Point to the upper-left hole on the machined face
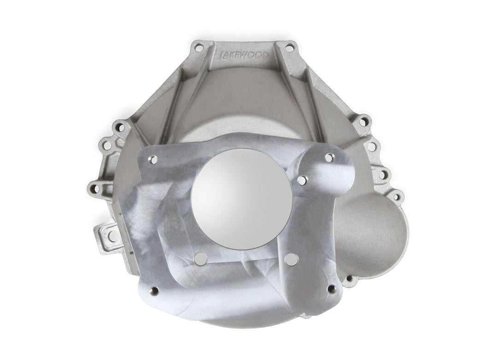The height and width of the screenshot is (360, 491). tap(154, 159)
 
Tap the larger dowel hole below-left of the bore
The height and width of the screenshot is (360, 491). tap(199, 259)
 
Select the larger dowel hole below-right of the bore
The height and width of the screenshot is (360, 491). tap(289, 259)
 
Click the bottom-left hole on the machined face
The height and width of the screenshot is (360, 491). tap(154, 290)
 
